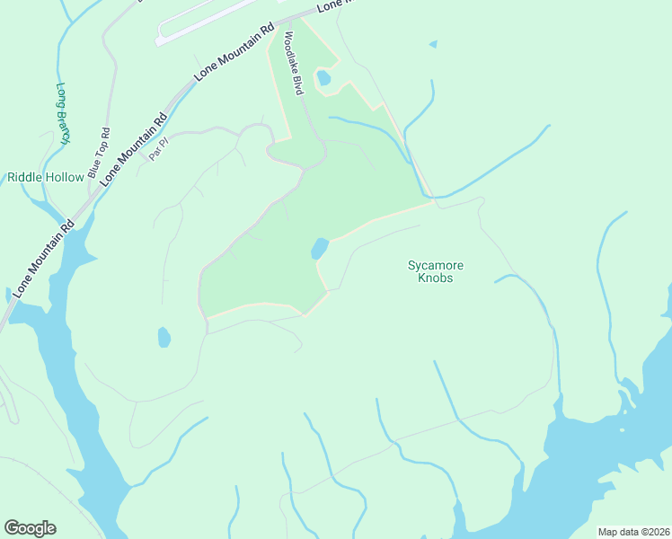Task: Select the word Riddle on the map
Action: (26, 177)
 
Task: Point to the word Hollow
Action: (66, 177)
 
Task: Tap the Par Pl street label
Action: (159, 146)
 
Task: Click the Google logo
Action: (30, 528)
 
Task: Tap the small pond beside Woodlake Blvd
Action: (323, 78)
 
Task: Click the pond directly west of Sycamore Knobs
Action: (319, 248)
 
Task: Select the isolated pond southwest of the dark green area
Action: (164, 338)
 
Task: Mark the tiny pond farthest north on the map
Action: (434, 43)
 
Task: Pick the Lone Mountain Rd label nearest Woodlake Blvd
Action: (234, 54)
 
